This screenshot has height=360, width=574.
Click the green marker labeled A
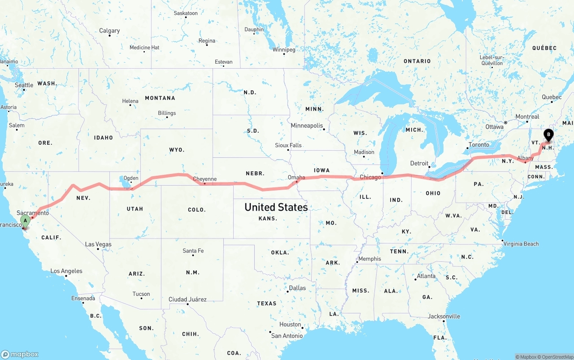click(x=26, y=221)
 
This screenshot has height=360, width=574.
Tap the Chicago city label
click(x=370, y=177)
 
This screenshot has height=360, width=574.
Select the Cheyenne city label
click(x=204, y=179)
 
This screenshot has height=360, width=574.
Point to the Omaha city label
click(x=296, y=178)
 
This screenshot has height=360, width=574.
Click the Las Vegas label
click(x=98, y=244)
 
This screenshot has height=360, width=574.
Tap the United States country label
click(x=276, y=207)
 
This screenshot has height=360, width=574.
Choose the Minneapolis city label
click(x=307, y=126)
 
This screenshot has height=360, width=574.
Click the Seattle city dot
click(x=24, y=90)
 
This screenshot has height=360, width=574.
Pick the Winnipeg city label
click(x=284, y=49)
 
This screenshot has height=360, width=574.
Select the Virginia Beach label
click(x=521, y=244)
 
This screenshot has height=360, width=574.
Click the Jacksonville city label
click(x=444, y=316)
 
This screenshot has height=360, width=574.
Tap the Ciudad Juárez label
click(x=187, y=299)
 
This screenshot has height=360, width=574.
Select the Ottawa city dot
click(x=505, y=122)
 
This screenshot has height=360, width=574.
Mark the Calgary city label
click(x=109, y=30)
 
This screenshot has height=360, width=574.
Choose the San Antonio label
click(x=287, y=336)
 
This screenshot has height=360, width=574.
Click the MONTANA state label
click(x=160, y=98)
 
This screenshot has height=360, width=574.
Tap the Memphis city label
click(x=370, y=259)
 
